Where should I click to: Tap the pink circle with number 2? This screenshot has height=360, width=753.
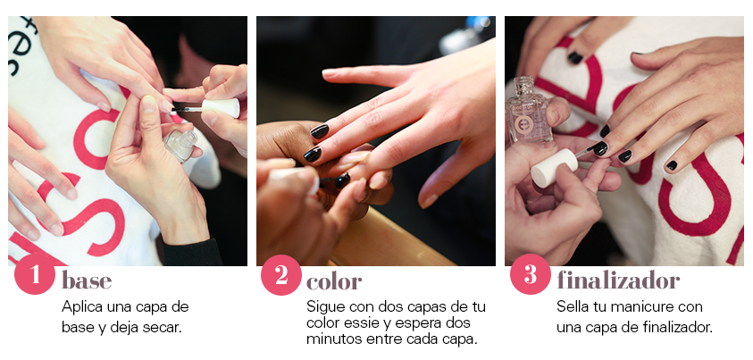coord(281,275)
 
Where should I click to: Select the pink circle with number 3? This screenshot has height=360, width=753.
coord(531,274)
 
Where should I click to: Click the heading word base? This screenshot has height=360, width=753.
coord(87,280)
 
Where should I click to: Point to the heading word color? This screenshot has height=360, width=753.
coord(334,281)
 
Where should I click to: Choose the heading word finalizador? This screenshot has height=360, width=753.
coord(618,280)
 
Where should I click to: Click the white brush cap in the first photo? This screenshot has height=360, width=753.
coord(221,108)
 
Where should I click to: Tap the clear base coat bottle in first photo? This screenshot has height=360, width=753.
coord(180,143)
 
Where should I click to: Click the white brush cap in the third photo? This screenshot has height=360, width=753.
coord(554,168)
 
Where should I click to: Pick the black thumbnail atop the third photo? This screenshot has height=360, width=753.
coord(575,57)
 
